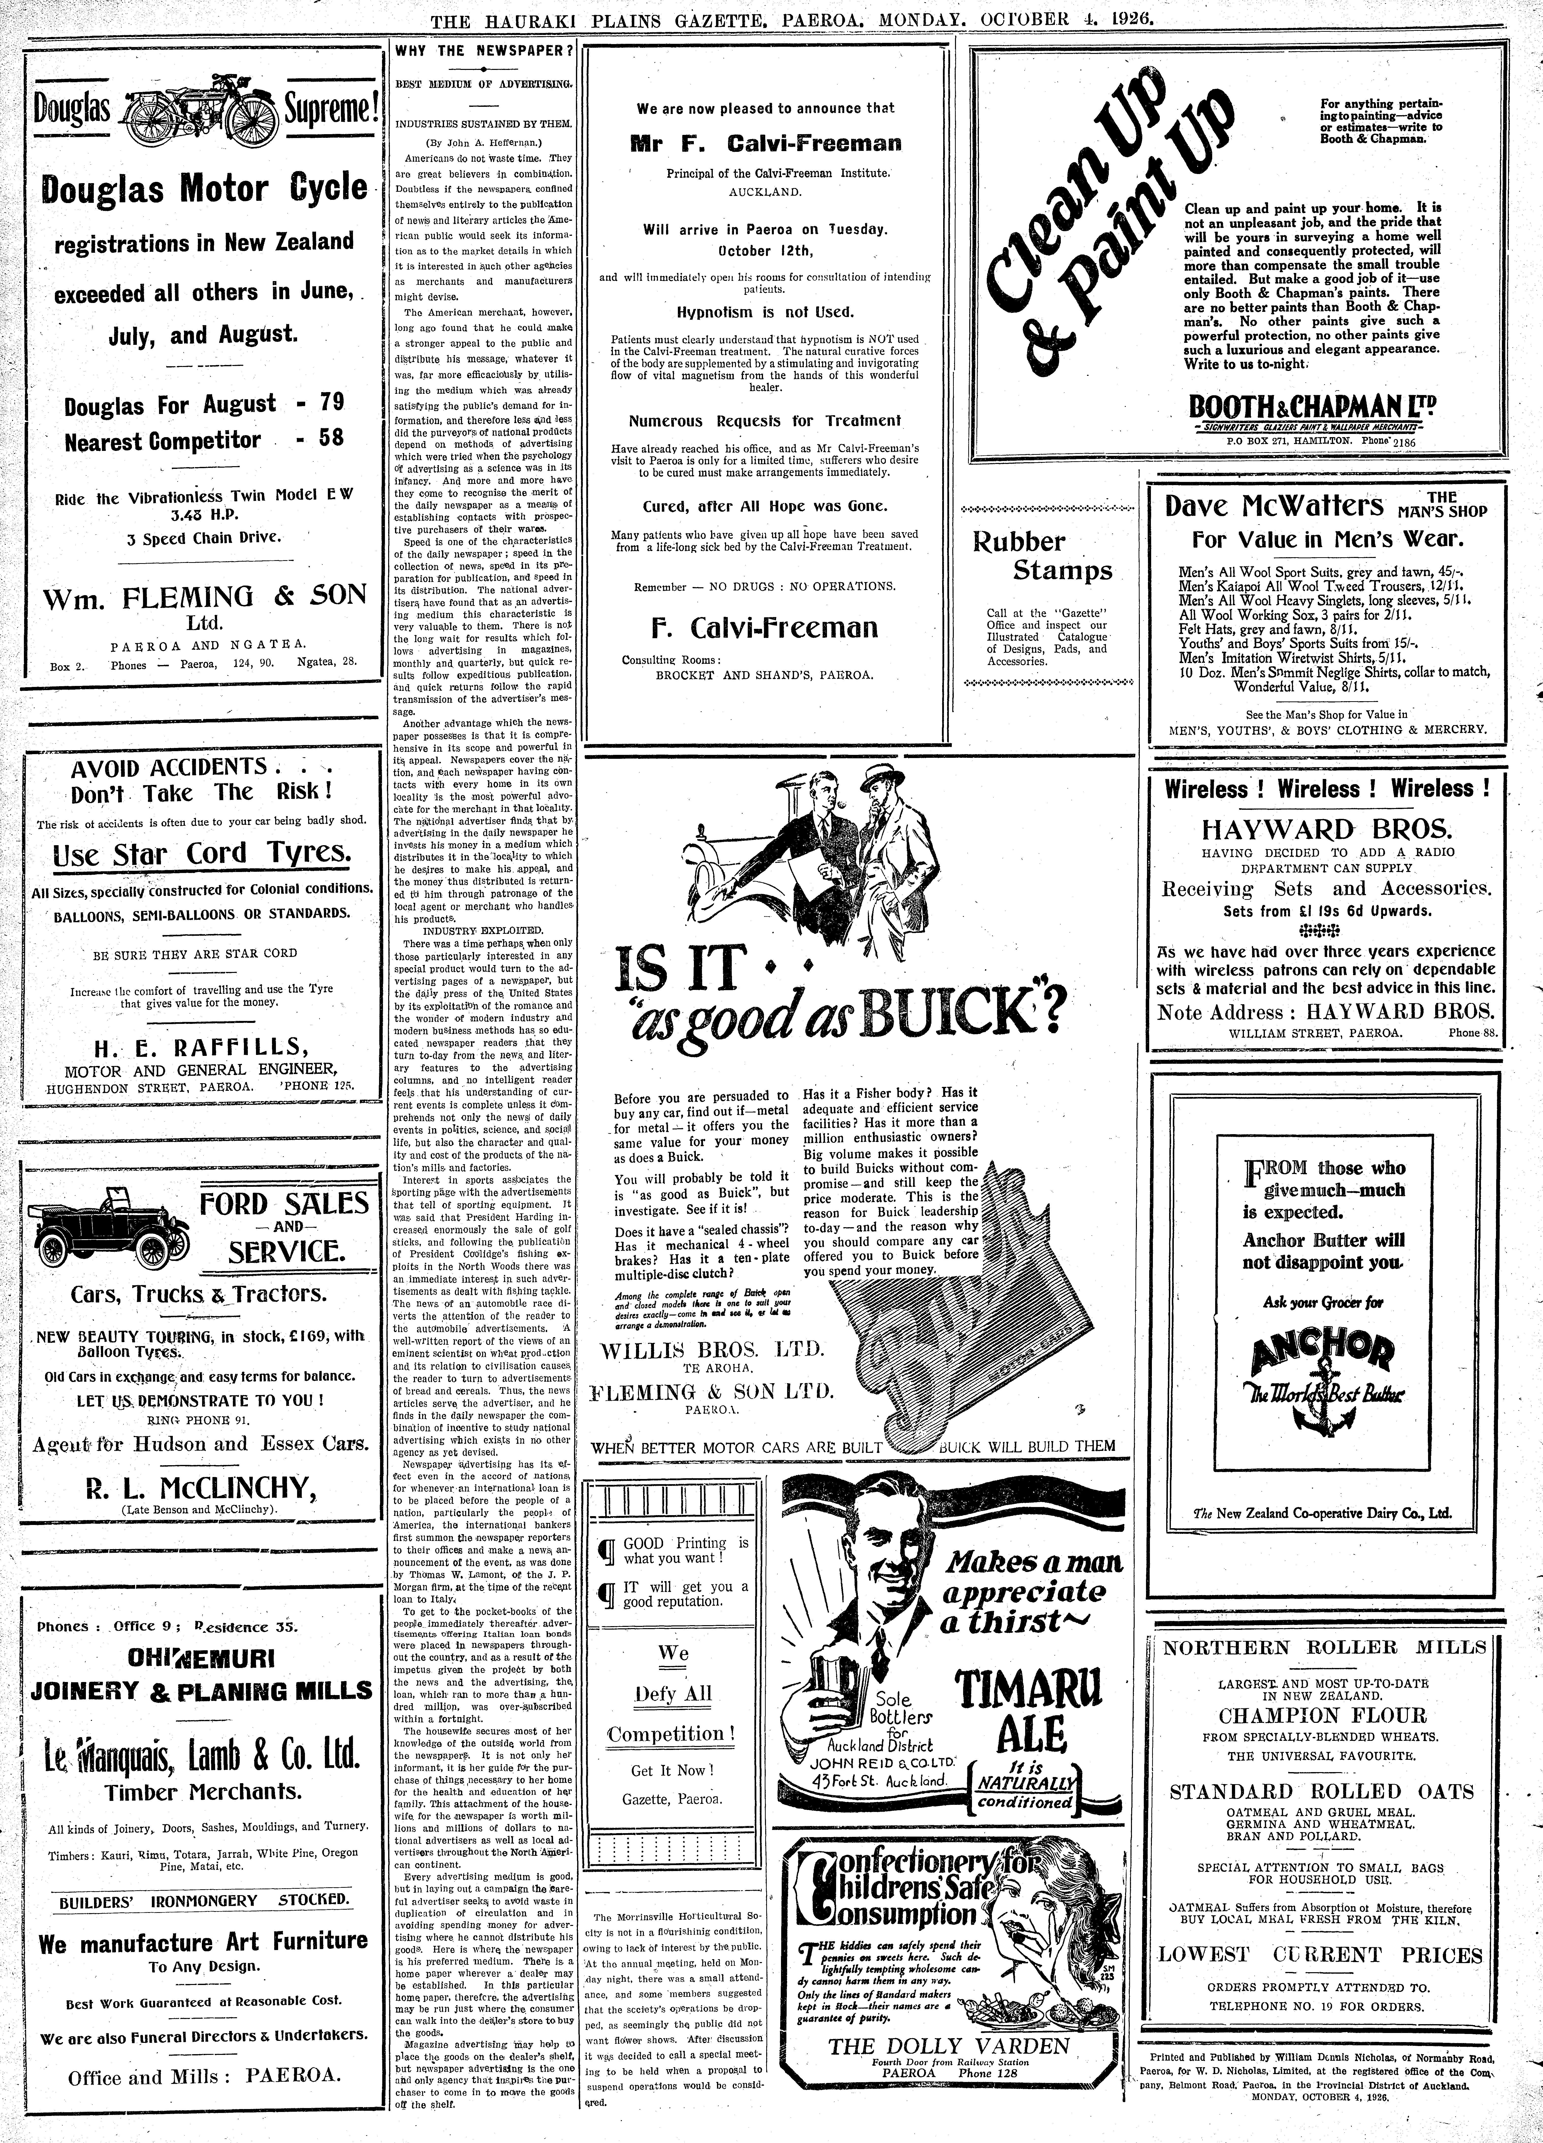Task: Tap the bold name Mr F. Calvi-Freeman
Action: (x=765, y=144)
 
